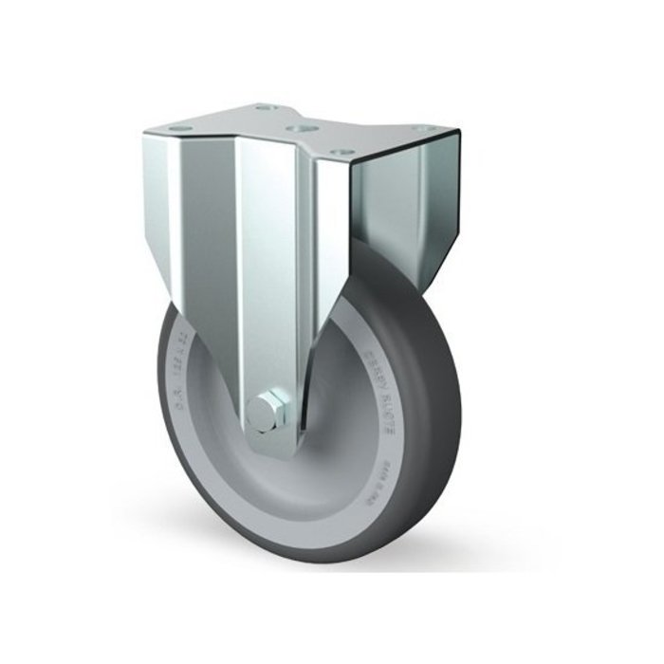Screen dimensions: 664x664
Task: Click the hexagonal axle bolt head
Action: pos(266,413)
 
